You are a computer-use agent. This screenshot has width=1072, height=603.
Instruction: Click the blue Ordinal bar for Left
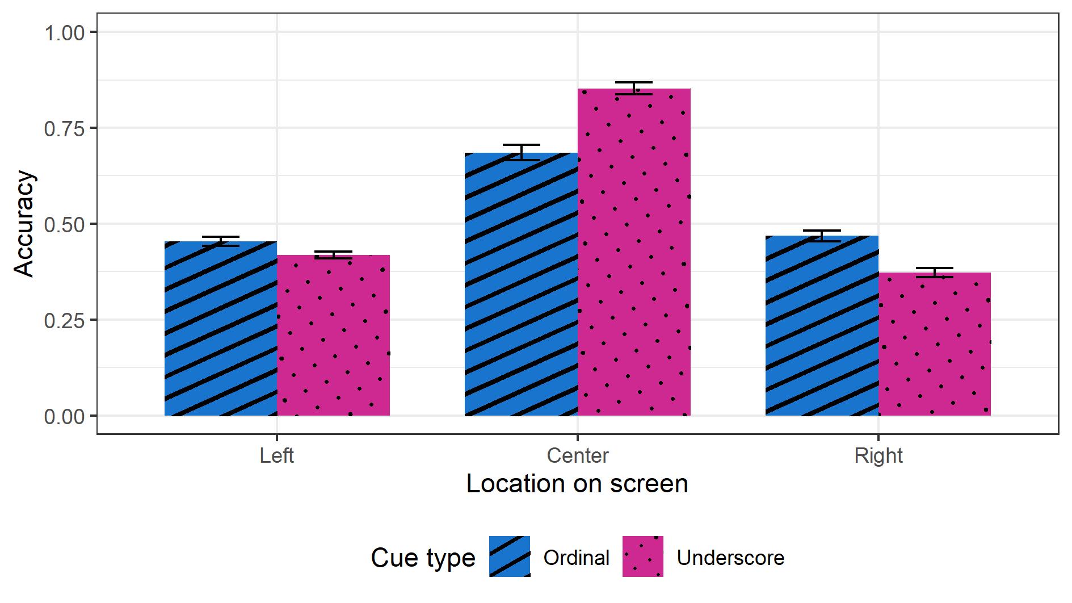pyautogui.click(x=221, y=329)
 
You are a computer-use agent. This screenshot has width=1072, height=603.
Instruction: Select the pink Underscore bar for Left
pyautogui.click(x=334, y=336)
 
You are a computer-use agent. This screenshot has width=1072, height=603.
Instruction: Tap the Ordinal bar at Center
pyautogui.click(x=521, y=284)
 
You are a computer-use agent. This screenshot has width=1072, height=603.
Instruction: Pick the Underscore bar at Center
pyautogui.click(x=634, y=252)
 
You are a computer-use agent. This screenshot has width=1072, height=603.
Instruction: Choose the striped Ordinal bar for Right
pyautogui.click(x=822, y=326)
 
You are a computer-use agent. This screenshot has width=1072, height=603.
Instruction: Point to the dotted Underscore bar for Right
pyautogui.click(x=935, y=344)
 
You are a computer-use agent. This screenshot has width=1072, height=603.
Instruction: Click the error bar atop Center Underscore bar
pyautogui.click(x=634, y=88)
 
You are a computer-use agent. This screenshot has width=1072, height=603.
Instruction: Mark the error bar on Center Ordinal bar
pyautogui.click(x=521, y=152)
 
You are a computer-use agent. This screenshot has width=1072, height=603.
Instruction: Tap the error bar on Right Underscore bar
pyautogui.click(x=935, y=272)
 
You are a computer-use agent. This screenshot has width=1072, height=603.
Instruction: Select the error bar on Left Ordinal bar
pyautogui.click(x=221, y=241)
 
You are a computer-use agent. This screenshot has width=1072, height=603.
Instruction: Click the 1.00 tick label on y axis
pyautogui.click(x=64, y=33)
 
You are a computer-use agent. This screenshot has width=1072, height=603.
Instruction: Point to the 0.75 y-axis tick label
pyautogui.click(x=64, y=129)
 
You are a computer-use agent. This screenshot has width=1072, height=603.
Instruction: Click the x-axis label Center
pyautogui.click(x=578, y=456)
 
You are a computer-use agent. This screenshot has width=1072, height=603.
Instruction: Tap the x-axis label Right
pyautogui.click(x=878, y=456)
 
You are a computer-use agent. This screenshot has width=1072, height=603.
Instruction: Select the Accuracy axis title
pyautogui.click(x=24, y=224)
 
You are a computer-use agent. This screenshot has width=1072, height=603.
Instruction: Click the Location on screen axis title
pyautogui.click(x=577, y=484)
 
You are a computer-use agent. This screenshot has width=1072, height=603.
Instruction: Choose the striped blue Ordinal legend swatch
pyautogui.click(x=510, y=557)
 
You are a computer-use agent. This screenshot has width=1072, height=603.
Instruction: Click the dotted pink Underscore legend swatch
pyautogui.click(x=643, y=557)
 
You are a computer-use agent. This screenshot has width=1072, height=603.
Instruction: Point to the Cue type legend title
pyautogui.click(x=423, y=558)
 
